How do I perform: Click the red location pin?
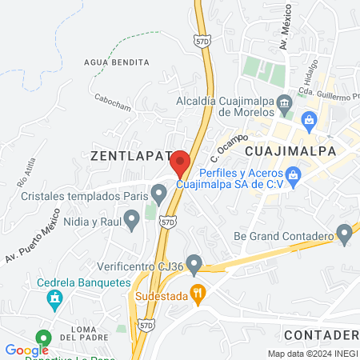point(180,162)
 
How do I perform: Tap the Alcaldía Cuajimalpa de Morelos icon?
point(283,102)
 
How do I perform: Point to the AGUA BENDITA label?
point(116,62)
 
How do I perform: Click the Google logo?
point(26,350)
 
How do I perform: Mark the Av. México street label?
point(281,35)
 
